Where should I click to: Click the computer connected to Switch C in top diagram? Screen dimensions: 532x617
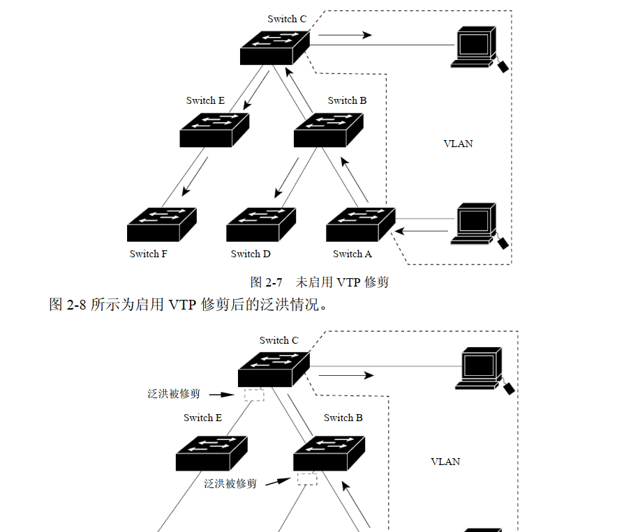click(477, 47)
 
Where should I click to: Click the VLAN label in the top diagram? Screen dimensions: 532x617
click(458, 144)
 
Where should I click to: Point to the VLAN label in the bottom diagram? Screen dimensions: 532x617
click(445, 462)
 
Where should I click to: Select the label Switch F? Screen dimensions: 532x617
click(148, 254)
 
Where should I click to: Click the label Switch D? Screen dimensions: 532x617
click(251, 254)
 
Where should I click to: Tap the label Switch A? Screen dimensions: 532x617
click(352, 254)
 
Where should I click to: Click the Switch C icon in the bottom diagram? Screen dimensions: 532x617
click(273, 370)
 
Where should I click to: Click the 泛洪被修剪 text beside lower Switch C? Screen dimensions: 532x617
click(174, 394)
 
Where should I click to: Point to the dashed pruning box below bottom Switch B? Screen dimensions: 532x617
click(307, 479)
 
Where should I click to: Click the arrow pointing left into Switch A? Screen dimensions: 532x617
click(422, 230)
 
